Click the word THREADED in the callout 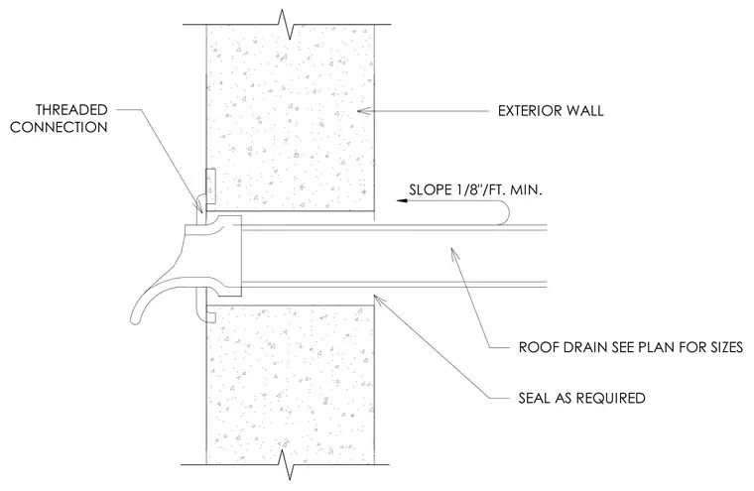click(71, 110)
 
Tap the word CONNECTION click(59, 127)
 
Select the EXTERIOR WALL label click(551, 111)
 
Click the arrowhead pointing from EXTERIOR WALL click(364, 111)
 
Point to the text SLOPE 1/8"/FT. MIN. click(475, 189)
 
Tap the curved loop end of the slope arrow click(504, 212)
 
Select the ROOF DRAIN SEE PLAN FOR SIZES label click(631, 347)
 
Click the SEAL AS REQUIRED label click(581, 398)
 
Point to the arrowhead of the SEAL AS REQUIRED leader click(379, 301)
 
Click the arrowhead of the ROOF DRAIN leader click(453, 253)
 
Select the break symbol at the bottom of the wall click(289, 464)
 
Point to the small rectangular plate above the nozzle click(210, 185)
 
